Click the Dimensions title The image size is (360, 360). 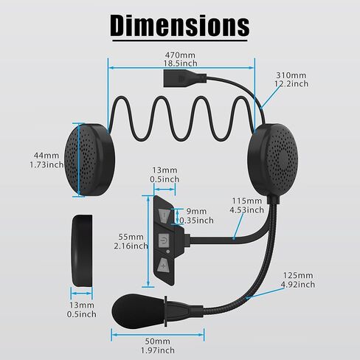pyautogui.click(x=180, y=26)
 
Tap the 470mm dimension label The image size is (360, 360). pyautogui.click(x=180, y=55)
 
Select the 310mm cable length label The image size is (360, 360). pyautogui.click(x=291, y=75)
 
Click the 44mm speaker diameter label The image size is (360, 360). pyautogui.click(x=46, y=156)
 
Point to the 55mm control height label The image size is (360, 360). pyautogui.click(x=131, y=237)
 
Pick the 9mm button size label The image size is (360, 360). pyautogui.click(x=196, y=211)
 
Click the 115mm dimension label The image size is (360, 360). pyautogui.click(x=247, y=201)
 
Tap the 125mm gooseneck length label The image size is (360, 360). pyautogui.click(x=298, y=275)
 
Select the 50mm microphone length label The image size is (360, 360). pyautogui.click(x=158, y=341)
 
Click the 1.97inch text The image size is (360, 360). pyautogui.click(x=158, y=350)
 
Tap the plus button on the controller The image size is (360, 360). pyautogui.click(x=163, y=266)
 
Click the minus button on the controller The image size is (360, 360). pyautogui.click(x=164, y=215)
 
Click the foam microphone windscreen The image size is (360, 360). pyautogui.click(x=138, y=310)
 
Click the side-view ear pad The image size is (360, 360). pyautogui.click(x=83, y=250)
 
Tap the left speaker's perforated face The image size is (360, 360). pyautogui.click(x=79, y=159)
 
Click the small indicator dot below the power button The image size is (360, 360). pyautogui.click(x=168, y=252)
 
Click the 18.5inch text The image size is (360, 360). pyautogui.click(x=181, y=63)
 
